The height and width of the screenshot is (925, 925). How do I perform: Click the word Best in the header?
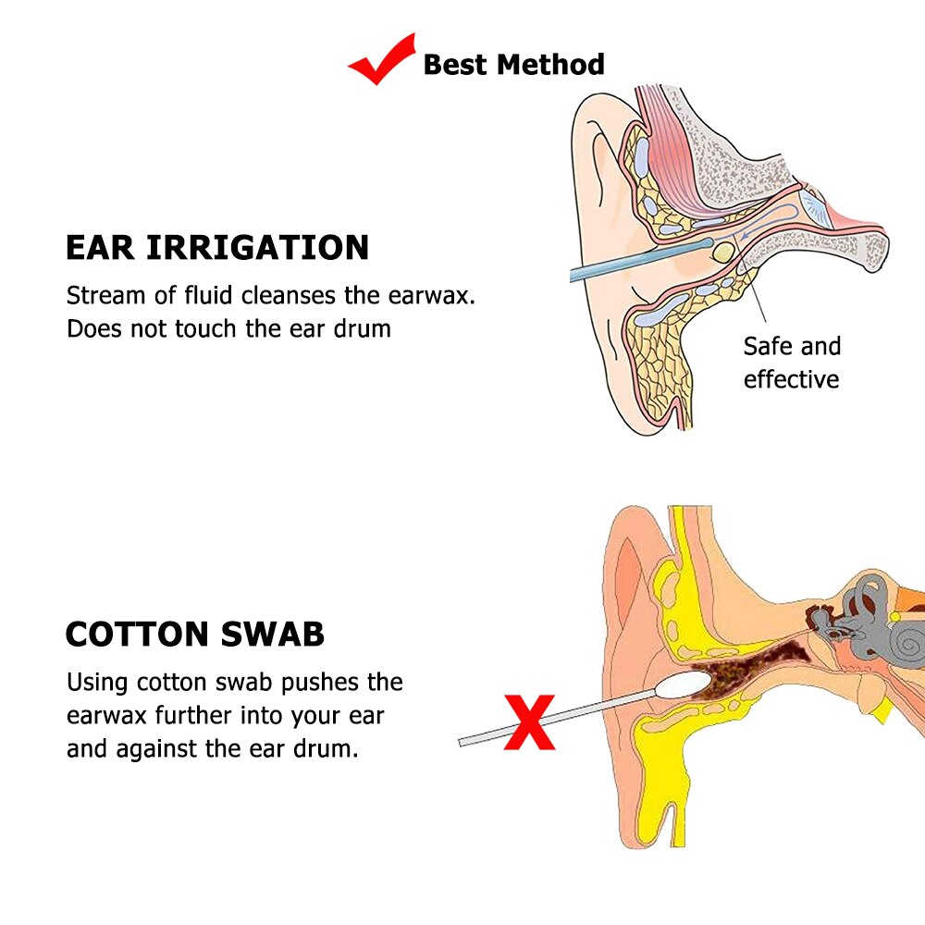(454, 65)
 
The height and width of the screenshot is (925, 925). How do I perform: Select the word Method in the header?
(550, 65)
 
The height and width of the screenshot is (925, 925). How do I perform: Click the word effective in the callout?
(791, 379)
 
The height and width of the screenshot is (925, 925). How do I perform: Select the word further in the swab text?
(201, 716)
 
